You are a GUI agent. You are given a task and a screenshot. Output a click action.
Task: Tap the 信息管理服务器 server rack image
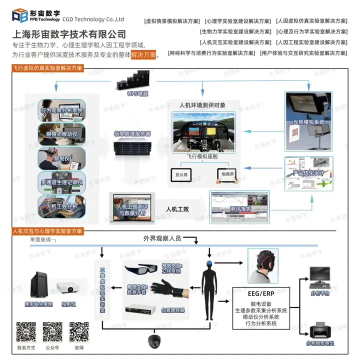[x=132, y=147]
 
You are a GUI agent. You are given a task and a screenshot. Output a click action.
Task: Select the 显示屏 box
[x=181, y=175]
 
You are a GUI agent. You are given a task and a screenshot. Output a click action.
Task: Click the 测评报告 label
[x=239, y=208]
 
